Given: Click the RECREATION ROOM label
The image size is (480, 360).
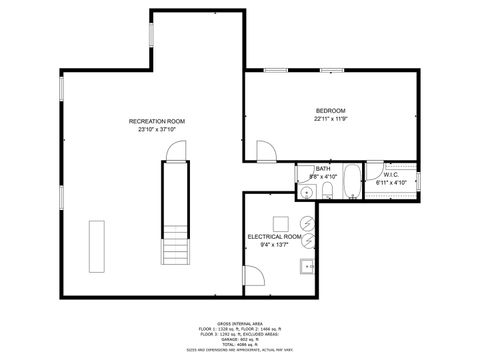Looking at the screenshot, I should coord(163,121).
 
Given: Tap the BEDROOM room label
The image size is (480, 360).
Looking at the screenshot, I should coord(330,110).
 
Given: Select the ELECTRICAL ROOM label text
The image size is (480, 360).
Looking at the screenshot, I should coord(275,236).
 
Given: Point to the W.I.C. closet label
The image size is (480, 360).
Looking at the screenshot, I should coord(391,175).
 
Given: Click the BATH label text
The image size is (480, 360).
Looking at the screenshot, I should coord(323,169).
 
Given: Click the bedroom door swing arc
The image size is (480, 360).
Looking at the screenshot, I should coord(264,152).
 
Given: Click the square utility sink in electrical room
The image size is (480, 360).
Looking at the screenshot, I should coord(308,266).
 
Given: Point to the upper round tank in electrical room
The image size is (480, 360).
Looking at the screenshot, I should coord(309,222).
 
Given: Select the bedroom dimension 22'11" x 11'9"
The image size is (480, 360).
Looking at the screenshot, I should coord(330,120).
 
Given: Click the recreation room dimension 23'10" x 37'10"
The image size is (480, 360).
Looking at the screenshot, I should coord(163,130).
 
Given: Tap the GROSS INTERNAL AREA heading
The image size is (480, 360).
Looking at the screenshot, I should coord(240,322).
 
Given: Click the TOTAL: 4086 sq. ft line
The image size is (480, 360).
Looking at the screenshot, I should coord(240,344).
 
